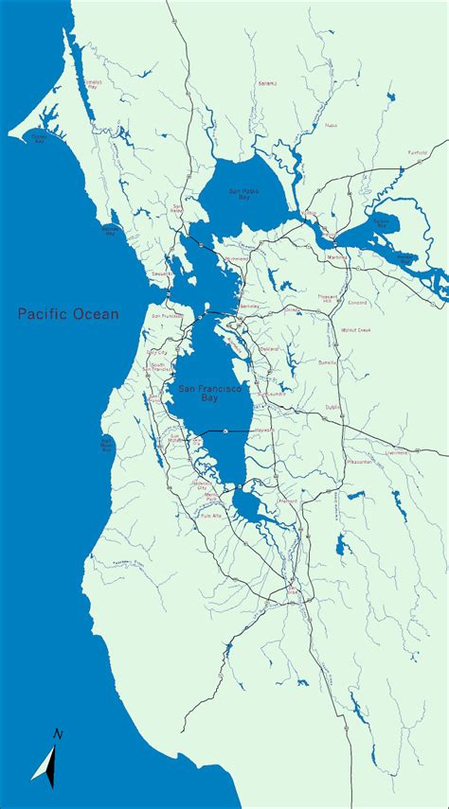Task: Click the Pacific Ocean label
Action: pyautogui.click(x=68, y=314)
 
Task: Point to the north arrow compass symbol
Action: pyautogui.click(x=49, y=757)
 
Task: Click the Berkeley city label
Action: pyautogui.click(x=248, y=308)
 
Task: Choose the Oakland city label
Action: pyautogui.click(x=269, y=348)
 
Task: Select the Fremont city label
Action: pyautogui.click(x=288, y=501)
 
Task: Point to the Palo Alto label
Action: pyautogui.click(x=210, y=516)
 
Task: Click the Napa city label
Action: pyautogui.click(x=331, y=125)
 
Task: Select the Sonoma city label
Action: pyautogui.click(x=267, y=83)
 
